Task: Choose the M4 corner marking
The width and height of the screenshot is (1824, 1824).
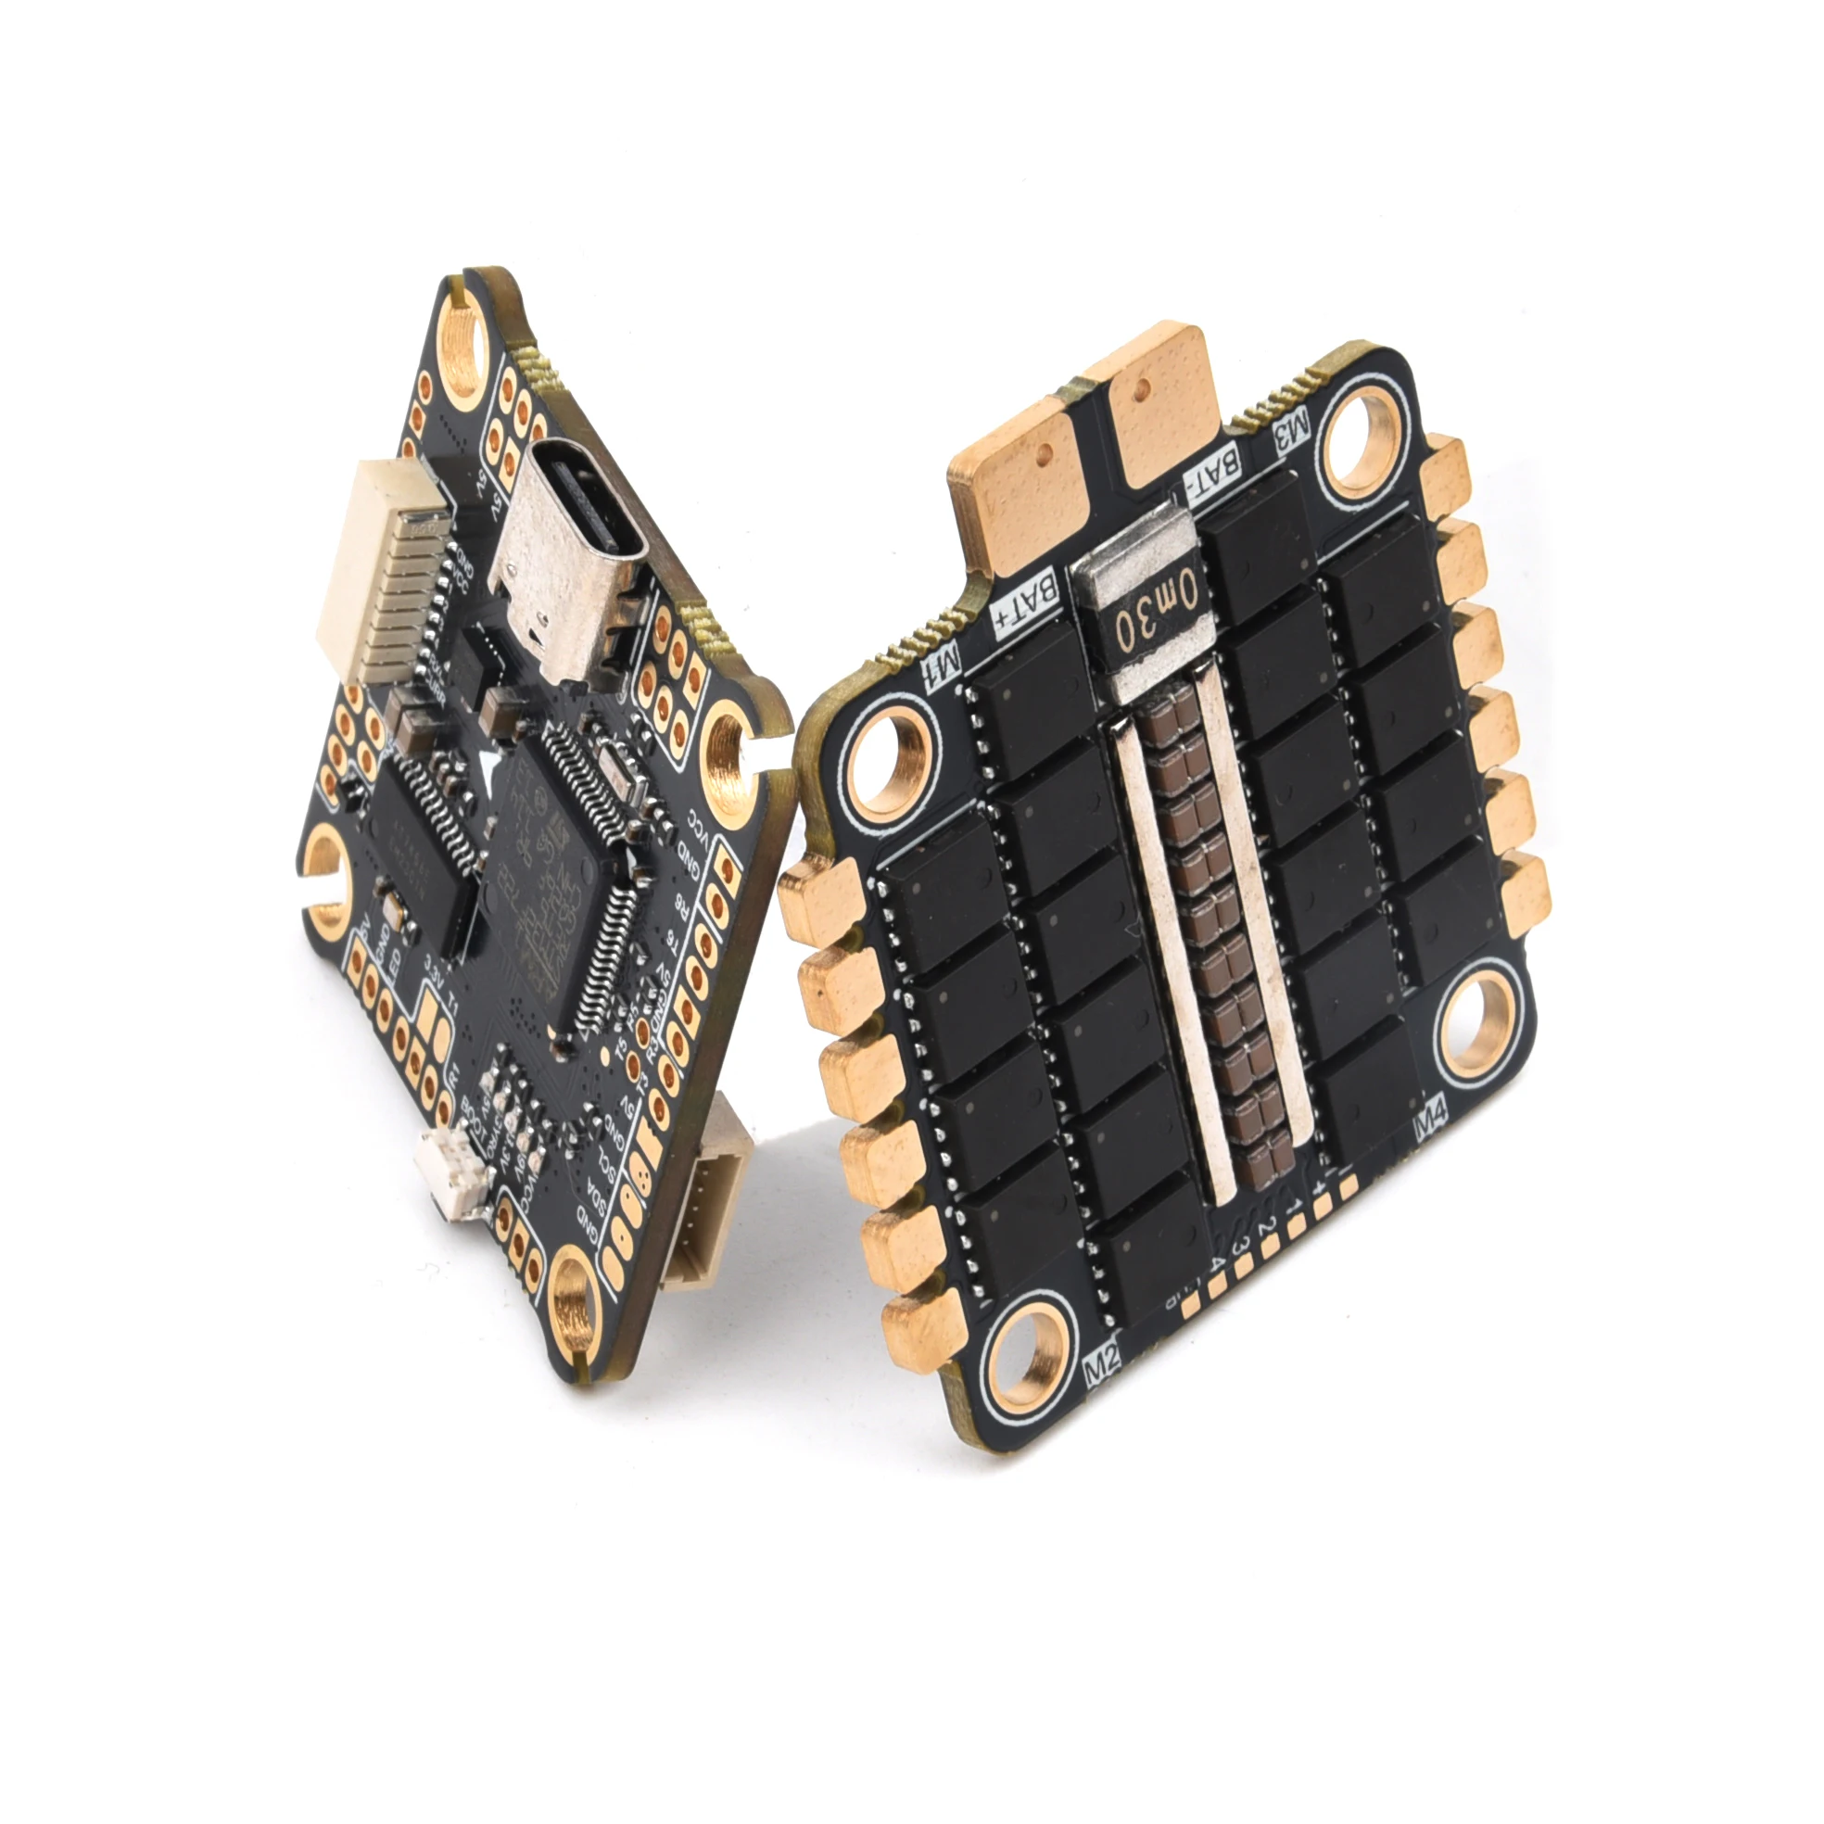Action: (x=1430, y=1124)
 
